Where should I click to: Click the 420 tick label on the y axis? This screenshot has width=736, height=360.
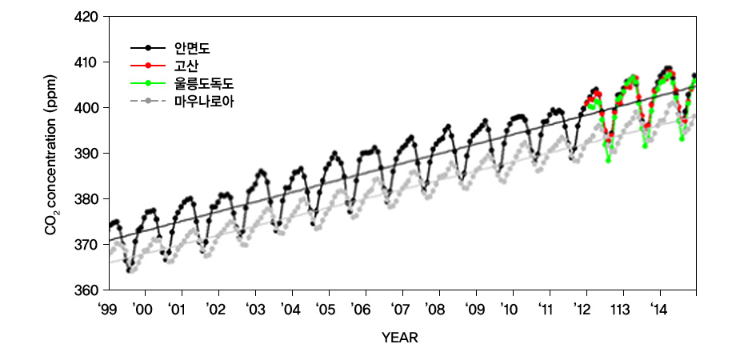[86, 17]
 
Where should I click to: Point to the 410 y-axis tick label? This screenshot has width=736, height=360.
[86, 62]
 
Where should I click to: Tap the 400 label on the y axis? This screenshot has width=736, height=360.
[86, 108]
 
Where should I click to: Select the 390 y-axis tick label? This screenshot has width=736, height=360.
[86, 154]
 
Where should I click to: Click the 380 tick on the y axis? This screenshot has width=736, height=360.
[86, 199]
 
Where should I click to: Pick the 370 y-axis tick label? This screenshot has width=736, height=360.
[86, 245]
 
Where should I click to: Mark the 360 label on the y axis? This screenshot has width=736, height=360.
[86, 290]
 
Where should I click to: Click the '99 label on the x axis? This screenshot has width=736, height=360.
[107, 309]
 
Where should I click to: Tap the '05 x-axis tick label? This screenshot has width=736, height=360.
[325, 309]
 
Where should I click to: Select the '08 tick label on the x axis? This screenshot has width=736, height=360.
[434, 309]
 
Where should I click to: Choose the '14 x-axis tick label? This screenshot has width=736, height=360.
[658, 309]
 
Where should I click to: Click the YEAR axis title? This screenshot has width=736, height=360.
[400, 338]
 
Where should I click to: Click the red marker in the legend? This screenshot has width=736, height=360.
[149, 66]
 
